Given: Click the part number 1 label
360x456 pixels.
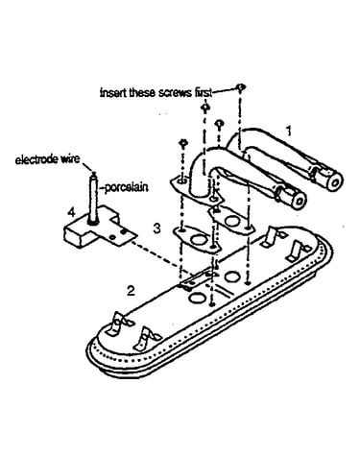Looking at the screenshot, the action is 289,131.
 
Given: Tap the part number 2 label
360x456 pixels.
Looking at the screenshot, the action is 131,291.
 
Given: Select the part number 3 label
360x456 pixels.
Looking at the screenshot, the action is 156,228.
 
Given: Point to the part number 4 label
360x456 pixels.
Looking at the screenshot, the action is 71,211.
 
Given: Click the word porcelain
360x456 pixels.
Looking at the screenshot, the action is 127,187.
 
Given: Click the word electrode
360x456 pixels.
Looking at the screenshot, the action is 36,159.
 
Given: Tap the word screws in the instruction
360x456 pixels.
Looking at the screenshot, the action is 173,93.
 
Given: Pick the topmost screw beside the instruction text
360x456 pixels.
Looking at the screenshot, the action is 240,87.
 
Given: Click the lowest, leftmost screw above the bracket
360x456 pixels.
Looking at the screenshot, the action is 183,143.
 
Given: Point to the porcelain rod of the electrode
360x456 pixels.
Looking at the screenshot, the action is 93,198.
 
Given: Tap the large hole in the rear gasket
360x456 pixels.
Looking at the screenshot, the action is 231,220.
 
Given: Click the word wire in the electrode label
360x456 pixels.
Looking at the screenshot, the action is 69,159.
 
